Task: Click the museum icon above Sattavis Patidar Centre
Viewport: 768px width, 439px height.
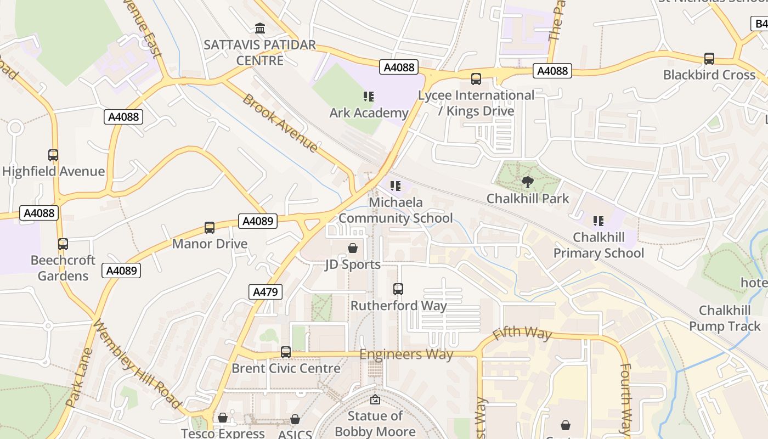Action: pos(260,28)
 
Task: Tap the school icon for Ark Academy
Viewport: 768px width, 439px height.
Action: pos(369,97)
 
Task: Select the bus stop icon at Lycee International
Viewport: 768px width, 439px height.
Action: pos(476,79)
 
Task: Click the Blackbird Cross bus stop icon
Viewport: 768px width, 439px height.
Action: pos(709,59)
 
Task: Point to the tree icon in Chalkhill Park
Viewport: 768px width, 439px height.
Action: pos(528,182)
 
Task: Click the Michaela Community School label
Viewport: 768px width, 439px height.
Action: pos(396,210)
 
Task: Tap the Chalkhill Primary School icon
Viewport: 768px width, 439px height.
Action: pos(598,221)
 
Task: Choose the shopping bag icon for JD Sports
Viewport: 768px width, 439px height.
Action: pos(353,249)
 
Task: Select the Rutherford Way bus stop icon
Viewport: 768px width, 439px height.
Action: pos(398,289)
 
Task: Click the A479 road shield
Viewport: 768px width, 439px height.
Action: pos(266,292)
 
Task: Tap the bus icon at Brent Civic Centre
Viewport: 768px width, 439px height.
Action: pos(286,352)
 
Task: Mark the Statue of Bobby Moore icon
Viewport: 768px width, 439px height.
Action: pos(375,400)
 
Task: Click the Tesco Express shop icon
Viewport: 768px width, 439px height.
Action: pos(223,418)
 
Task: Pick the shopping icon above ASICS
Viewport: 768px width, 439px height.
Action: pos(295,420)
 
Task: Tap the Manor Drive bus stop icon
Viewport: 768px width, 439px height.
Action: pos(210,228)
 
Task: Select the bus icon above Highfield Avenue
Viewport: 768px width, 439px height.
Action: pos(53,155)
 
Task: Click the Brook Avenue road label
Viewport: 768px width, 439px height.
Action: pos(280,123)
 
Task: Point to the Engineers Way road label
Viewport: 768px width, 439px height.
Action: pos(406,354)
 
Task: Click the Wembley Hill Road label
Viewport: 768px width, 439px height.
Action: pos(137,364)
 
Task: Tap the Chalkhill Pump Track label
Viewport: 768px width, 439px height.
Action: pos(725,318)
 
